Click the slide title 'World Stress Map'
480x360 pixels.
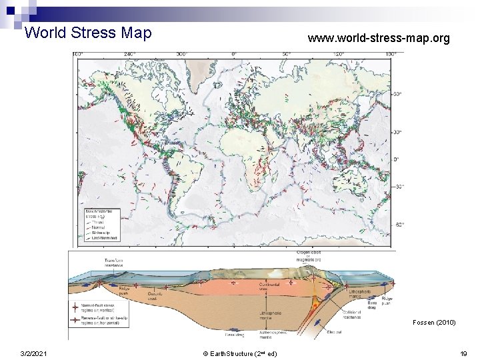(87, 33)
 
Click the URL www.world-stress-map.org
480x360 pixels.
(378, 39)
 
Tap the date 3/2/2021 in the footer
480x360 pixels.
(33, 353)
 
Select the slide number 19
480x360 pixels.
(463, 353)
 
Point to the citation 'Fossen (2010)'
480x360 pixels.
(433, 323)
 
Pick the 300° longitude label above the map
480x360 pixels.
(181, 53)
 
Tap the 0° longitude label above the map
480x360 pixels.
(234, 53)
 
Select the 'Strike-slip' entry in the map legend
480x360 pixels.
(100, 233)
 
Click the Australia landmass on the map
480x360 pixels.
(360, 182)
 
